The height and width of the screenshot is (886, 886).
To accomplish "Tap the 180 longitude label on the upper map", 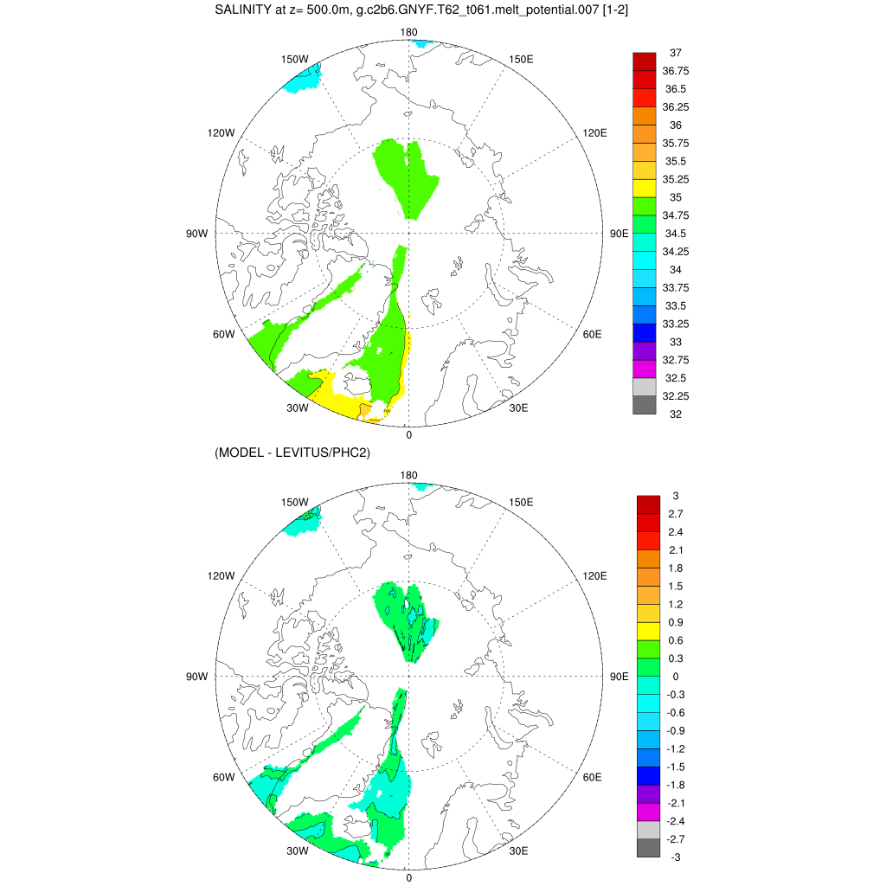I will pyautogui.click(x=409, y=32).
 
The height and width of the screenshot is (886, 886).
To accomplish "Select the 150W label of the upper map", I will pyautogui.click(x=295, y=59).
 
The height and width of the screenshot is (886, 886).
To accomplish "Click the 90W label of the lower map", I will pyautogui.click(x=197, y=677).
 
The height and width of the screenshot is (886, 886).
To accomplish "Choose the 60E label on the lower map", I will pyautogui.click(x=593, y=777).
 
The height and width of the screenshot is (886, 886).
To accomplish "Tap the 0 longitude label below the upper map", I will pyautogui.click(x=408, y=434).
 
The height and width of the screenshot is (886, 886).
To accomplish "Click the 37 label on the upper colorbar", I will pyautogui.click(x=676, y=53).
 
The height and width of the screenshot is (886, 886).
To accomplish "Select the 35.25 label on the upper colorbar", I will pyautogui.click(x=676, y=179).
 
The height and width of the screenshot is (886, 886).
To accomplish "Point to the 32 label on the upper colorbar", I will pyautogui.click(x=676, y=414).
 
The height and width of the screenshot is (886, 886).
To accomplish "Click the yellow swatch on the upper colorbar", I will pyautogui.click(x=645, y=188).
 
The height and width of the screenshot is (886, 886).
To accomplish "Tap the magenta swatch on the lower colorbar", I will pyautogui.click(x=648, y=812).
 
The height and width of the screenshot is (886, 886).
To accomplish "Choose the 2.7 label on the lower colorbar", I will pyautogui.click(x=676, y=514).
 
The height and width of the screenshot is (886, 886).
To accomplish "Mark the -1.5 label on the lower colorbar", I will pyautogui.click(x=676, y=767).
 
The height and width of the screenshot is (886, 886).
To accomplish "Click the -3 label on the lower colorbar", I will pyautogui.click(x=676, y=857).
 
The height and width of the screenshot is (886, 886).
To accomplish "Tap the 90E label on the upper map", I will pyautogui.click(x=619, y=234).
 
